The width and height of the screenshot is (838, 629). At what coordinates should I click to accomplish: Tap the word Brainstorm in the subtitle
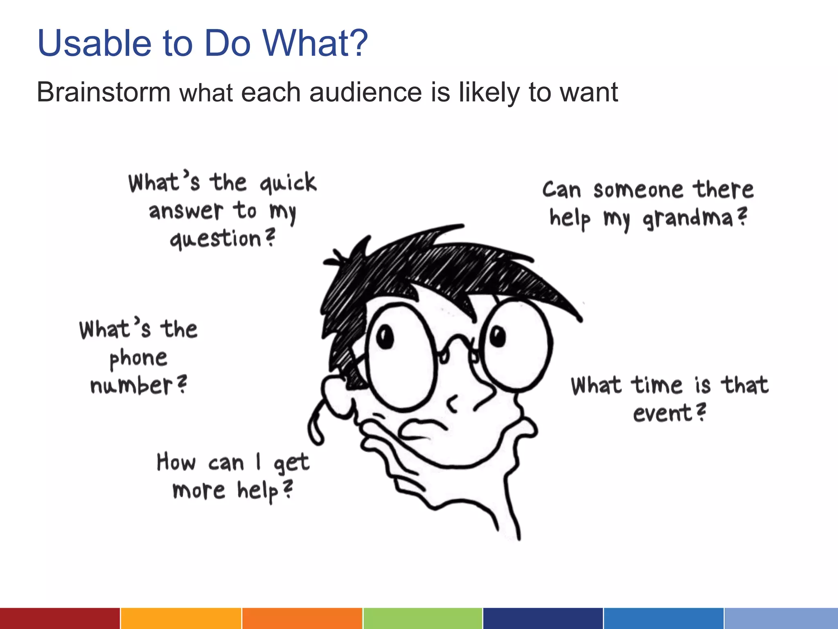coord(104,92)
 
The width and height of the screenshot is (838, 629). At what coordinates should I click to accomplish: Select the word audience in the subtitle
coord(365,92)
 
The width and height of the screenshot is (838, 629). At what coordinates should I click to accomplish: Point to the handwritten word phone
coord(138,359)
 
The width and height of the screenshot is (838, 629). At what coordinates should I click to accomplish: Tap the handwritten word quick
coord(288,183)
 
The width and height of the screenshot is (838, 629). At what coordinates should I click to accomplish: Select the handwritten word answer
coord(186,211)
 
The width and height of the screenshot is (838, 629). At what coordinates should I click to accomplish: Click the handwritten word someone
coord(638,190)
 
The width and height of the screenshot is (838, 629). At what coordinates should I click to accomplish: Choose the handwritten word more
coord(199,490)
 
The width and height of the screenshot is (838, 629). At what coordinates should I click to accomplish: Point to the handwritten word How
coord(176,462)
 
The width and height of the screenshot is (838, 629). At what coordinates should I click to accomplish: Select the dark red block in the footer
coord(60,618)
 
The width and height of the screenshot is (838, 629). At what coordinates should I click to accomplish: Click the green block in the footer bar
coord(423,618)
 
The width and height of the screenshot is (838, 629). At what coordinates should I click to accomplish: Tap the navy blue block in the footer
coord(543,618)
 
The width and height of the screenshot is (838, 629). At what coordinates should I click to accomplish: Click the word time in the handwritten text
coord(656,385)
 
